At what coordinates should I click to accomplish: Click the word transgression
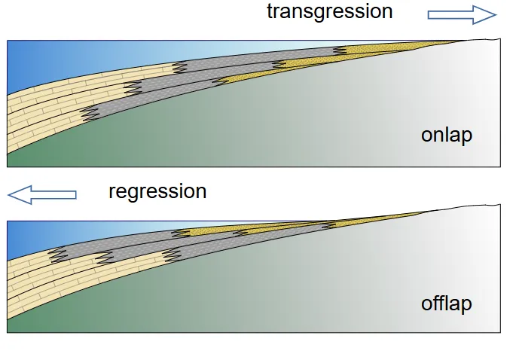(x=329, y=12)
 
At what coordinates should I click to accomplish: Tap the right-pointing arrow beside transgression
(x=462, y=14)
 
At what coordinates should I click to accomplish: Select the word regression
(x=157, y=191)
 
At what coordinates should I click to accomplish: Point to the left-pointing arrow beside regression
(x=42, y=195)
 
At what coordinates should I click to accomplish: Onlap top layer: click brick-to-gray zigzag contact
(x=179, y=67)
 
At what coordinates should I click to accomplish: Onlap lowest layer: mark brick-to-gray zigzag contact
(x=90, y=114)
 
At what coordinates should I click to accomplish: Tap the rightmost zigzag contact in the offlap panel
(x=328, y=224)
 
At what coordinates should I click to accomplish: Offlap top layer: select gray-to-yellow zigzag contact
(x=180, y=233)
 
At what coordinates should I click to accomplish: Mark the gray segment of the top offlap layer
(x=121, y=243)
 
